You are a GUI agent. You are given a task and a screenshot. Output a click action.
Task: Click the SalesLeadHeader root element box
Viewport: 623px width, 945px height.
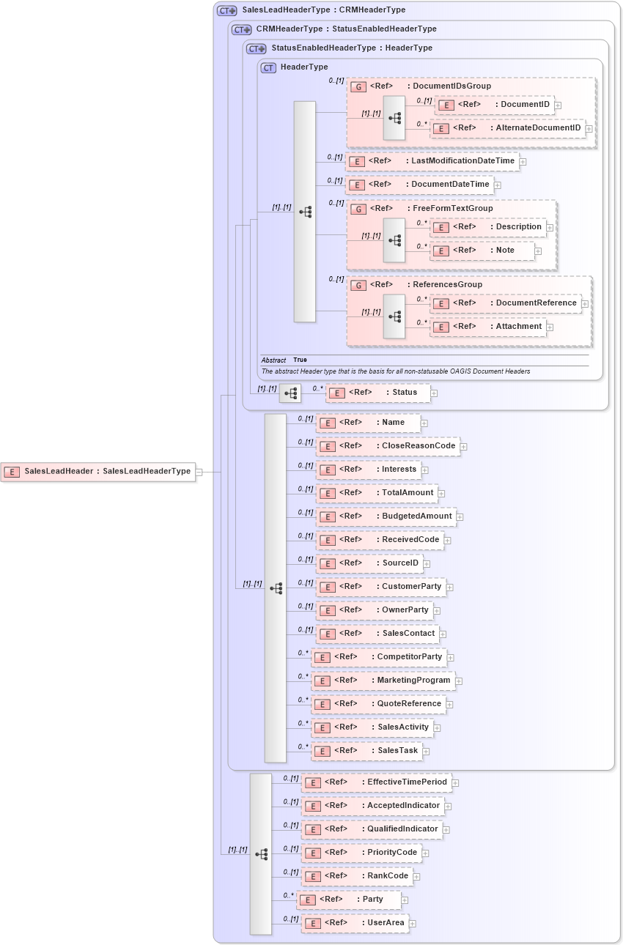(98, 472)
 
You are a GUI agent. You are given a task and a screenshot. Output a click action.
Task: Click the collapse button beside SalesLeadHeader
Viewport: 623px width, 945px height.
(199, 472)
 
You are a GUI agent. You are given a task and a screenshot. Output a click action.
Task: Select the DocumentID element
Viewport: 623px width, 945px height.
(495, 105)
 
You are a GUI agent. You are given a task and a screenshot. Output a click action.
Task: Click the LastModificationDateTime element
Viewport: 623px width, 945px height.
(432, 161)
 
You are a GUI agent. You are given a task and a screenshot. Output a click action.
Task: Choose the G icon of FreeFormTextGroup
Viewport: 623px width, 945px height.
(358, 209)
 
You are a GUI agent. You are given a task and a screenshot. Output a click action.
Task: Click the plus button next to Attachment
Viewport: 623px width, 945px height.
(550, 327)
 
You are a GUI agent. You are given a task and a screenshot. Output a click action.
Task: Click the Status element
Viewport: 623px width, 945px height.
(377, 393)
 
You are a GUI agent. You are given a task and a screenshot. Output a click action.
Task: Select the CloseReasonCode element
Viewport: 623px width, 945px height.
(388, 446)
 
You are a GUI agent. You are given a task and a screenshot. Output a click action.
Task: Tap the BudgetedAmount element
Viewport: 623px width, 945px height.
(386, 516)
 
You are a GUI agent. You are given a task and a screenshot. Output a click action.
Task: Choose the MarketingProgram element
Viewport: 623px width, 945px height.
(383, 681)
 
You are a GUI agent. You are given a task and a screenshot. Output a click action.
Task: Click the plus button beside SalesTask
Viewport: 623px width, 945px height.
(425, 751)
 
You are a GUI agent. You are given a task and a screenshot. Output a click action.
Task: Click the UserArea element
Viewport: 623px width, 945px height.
(355, 923)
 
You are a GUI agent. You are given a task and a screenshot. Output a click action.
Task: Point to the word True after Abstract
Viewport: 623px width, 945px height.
(301, 360)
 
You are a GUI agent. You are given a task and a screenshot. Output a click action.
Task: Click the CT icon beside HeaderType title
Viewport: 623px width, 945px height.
(268, 67)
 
